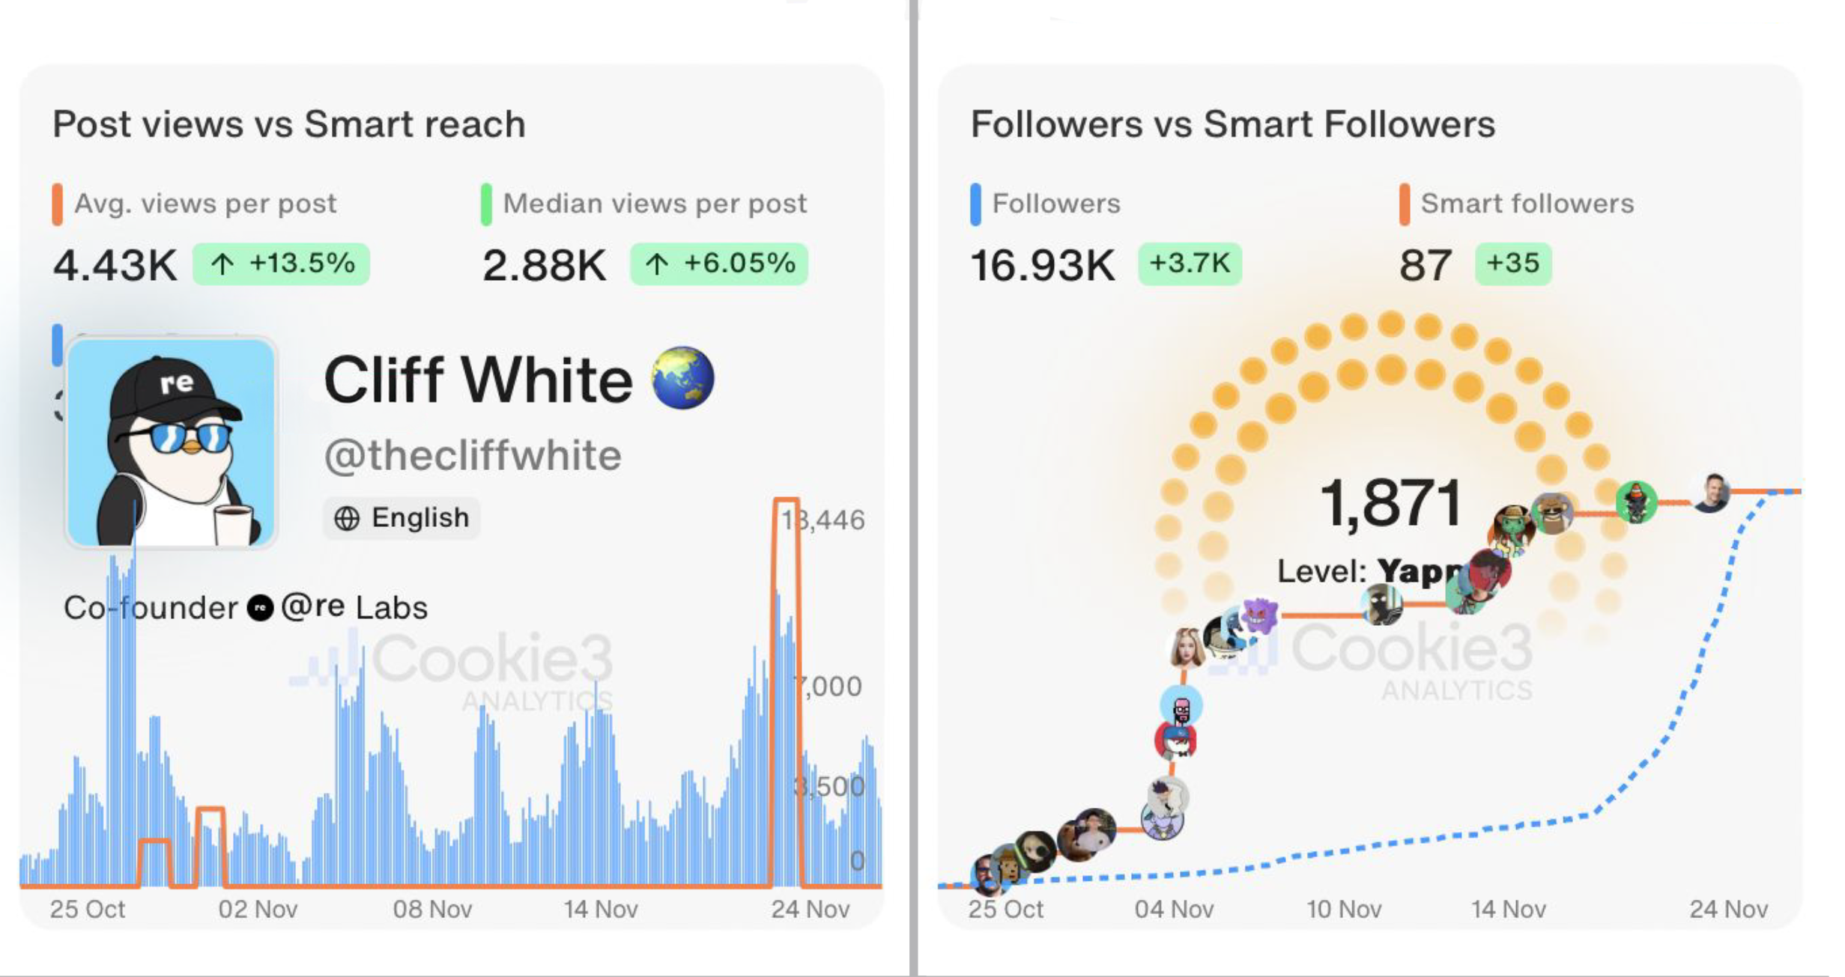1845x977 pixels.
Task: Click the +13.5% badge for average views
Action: (x=281, y=264)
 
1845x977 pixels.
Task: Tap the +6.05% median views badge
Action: (x=719, y=264)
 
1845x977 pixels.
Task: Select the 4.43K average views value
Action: (x=115, y=265)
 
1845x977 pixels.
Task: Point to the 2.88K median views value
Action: (x=544, y=265)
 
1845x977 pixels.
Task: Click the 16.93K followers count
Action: (x=1042, y=265)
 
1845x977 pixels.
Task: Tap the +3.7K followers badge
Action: (x=1190, y=264)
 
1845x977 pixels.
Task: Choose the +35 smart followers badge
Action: (x=1512, y=264)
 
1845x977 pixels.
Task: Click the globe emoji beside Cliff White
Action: (x=682, y=377)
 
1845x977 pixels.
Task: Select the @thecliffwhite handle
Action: (x=473, y=455)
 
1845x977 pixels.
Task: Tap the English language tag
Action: (x=402, y=517)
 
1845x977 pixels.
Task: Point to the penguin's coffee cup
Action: (x=233, y=524)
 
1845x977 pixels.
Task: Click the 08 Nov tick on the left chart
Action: (x=432, y=909)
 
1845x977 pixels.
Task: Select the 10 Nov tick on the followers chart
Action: (x=1344, y=909)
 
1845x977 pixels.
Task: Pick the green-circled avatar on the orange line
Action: (x=1636, y=502)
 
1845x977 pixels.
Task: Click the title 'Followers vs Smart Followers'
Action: (x=1232, y=124)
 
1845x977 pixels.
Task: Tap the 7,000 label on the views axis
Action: (x=830, y=687)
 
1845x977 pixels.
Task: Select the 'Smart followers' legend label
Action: (x=1527, y=204)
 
